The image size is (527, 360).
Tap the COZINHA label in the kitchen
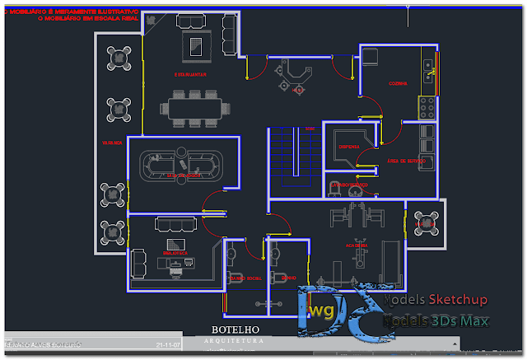click(399, 84)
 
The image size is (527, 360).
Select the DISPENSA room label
click(348, 146)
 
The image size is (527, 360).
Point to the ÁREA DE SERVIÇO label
click(405, 161)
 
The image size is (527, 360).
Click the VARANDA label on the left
click(112, 143)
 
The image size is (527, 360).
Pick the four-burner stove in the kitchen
click(427, 106)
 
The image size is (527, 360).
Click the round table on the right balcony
click(426, 222)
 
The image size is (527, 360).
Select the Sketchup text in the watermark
click(458, 300)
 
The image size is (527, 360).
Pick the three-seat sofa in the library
click(175, 224)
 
